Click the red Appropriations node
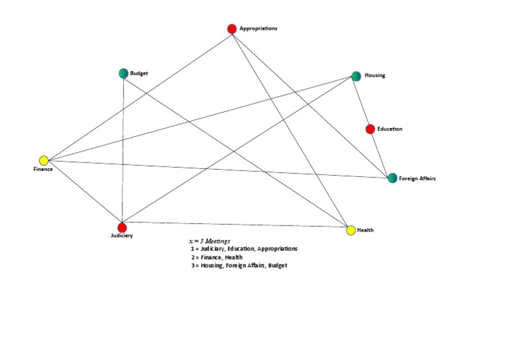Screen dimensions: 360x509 coord(232,29)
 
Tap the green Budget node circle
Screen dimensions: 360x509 coord(123,74)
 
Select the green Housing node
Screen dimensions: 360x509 coord(356,76)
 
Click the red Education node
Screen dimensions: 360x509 coord(370,129)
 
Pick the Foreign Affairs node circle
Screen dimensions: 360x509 coord(392,178)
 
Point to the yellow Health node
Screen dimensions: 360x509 coord(351,230)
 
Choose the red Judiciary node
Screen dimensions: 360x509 coord(122,227)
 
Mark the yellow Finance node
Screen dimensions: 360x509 coord(44,160)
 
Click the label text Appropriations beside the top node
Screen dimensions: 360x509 coord(258,29)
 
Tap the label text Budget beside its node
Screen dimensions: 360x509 coord(139,73)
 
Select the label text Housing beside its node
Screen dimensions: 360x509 coord(374,76)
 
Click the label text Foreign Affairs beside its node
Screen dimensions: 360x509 coord(417,178)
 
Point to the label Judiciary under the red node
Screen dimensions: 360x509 coord(122,236)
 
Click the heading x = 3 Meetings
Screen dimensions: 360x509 coord(209,241)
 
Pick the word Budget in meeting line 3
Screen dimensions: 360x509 coord(278,265)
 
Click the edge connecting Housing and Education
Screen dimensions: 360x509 coord(363,103)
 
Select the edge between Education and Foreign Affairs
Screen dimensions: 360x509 coord(381,153)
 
